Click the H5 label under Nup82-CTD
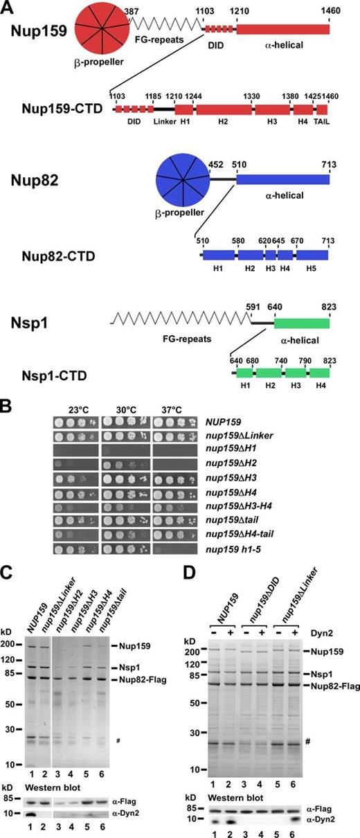[x=311, y=264]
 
